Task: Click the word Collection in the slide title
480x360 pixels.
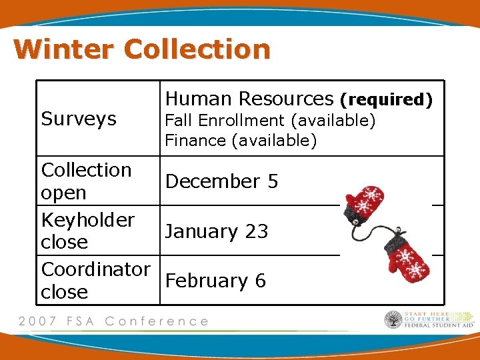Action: pos(197,49)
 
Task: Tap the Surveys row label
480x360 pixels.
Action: pos(79,119)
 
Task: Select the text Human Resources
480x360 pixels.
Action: pos(249,99)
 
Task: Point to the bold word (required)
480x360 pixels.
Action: pos(387,100)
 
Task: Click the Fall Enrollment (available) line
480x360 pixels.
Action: pos(270,121)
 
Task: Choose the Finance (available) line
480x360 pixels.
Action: pos(241,141)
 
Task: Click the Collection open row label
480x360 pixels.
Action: pos(86,181)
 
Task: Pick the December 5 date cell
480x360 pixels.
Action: pos(221,181)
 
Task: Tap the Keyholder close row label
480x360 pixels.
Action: pos(87,231)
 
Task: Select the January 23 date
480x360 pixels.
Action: pos(217,231)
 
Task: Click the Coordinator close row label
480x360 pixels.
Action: pos(95,280)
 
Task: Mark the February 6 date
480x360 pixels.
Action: pos(215,281)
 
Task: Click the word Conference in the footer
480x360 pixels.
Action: pos(156,321)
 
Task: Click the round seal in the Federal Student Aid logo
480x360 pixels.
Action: pos(393,320)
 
